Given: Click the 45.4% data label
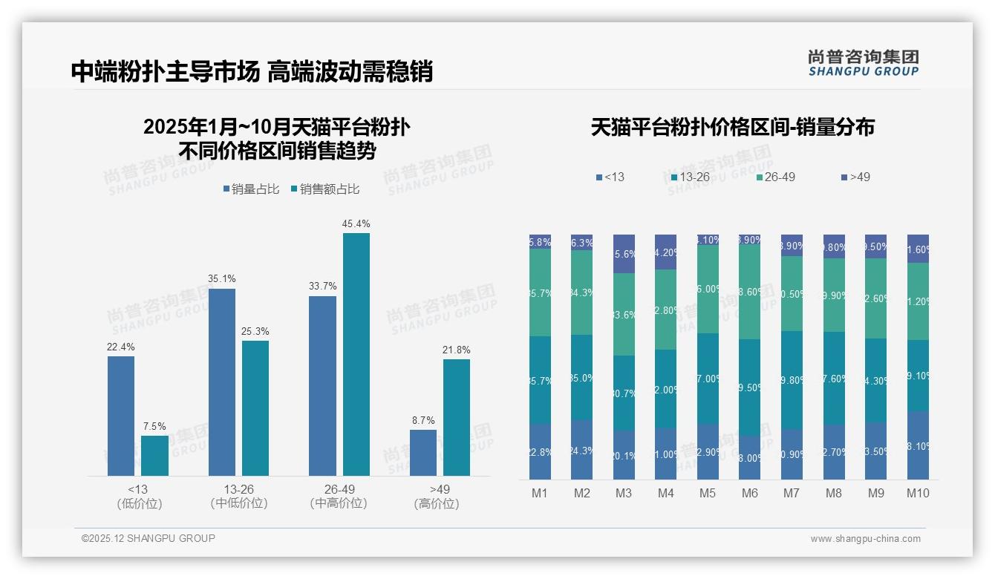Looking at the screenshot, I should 356,223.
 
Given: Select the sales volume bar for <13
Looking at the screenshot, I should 121,416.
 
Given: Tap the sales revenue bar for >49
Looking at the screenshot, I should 457,417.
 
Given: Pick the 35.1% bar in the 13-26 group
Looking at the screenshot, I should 222,382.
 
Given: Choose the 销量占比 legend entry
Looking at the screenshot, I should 252,189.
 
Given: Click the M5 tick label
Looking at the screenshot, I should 708,493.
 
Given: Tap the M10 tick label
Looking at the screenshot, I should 918,493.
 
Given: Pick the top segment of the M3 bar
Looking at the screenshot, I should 624,254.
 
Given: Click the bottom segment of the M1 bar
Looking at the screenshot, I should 540,452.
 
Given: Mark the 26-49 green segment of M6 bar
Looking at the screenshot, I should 750,292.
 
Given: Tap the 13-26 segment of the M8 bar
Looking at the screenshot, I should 834,378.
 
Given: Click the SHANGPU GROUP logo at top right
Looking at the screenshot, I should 864,62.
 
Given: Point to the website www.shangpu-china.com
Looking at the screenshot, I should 865,539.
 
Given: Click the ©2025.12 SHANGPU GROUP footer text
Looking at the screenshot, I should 149,538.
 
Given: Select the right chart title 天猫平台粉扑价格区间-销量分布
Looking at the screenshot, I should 732,127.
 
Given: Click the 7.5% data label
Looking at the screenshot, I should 154,426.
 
